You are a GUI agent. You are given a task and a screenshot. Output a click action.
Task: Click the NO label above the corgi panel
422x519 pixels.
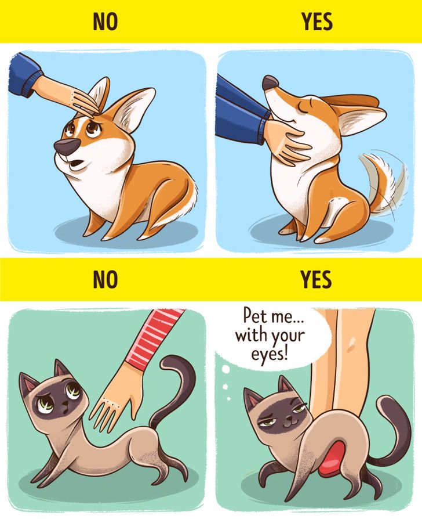point(106,21)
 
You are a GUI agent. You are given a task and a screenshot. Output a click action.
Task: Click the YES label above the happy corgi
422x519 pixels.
point(317,21)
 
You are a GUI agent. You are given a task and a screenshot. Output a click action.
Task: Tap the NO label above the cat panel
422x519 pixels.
point(106,280)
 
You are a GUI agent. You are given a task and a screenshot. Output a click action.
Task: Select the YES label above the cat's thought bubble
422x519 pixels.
point(316,280)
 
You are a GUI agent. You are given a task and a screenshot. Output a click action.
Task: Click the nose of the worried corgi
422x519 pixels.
point(66,147)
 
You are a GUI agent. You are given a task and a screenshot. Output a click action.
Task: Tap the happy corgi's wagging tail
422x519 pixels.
point(383,182)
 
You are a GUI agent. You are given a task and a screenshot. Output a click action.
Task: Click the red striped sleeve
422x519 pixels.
point(155,338)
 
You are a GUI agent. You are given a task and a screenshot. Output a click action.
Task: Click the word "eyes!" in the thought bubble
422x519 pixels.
point(270,355)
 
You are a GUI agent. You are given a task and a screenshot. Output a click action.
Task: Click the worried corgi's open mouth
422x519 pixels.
point(77,164)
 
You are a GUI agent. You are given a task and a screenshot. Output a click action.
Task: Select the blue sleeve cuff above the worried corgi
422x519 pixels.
point(34,84)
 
